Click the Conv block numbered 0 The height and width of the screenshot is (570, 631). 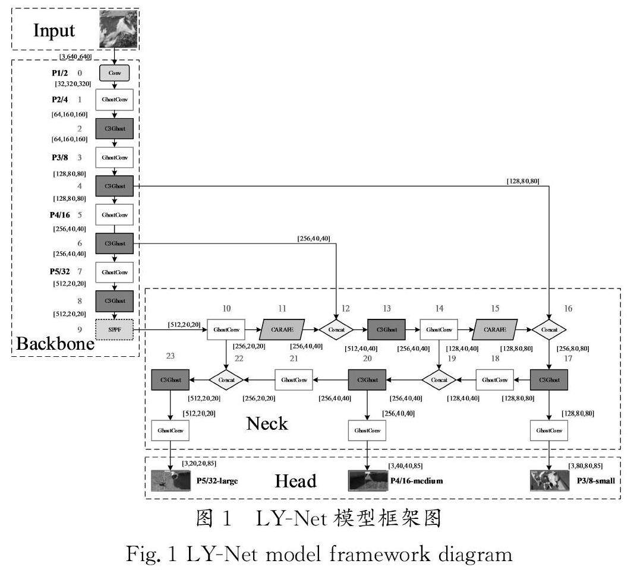point(115,73)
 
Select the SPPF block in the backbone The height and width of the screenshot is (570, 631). point(115,328)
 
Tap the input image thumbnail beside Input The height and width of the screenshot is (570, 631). point(119,30)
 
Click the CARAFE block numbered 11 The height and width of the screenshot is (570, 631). point(282,328)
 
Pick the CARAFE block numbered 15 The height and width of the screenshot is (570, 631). point(496,328)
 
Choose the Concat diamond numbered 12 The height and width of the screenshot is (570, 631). point(336,328)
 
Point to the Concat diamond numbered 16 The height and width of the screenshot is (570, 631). point(549,328)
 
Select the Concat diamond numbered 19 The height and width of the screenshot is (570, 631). point(439,379)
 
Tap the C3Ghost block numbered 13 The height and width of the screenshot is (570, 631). point(386,328)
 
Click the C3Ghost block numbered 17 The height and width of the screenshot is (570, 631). point(549,379)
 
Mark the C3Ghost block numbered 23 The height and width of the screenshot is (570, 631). point(171,379)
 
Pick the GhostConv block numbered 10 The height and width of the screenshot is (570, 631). point(226,328)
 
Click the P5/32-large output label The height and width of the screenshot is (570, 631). point(217,480)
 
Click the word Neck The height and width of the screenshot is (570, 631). point(267,423)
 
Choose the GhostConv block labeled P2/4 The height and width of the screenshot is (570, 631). point(115,100)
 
